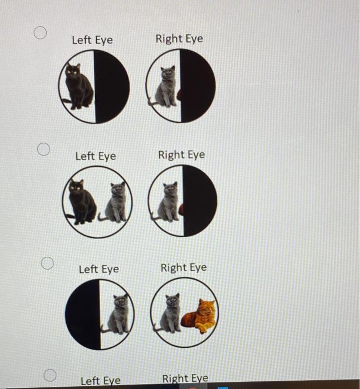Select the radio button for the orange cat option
click(48, 263)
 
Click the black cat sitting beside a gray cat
click(81, 203)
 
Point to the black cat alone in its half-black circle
click(78, 86)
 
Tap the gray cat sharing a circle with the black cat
click(116, 203)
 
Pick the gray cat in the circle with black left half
click(119, 315)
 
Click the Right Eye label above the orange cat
click(183, 267)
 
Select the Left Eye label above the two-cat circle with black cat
click(96, 156)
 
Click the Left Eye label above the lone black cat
click(92, 40)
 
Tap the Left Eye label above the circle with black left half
click(98, 269)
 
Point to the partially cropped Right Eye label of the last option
click(185, 379)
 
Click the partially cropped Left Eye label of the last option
click(100, 381)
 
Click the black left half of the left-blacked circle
click(82, 314)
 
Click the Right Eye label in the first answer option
click(179, 38)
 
